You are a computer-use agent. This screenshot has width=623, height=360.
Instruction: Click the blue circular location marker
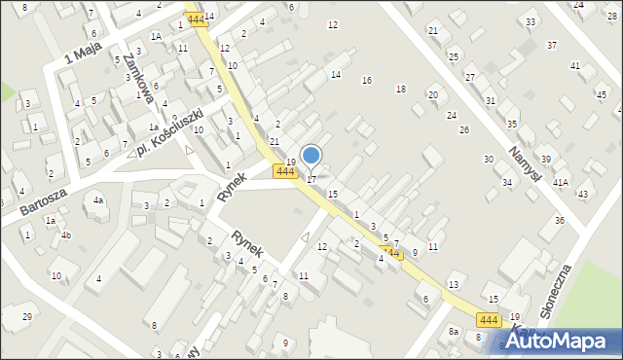coord(311,156)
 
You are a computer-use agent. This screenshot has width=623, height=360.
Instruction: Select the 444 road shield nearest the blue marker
coord(284,172)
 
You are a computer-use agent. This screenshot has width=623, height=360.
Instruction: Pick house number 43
coord(582,195)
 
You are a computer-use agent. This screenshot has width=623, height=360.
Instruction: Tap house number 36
coord(560,221)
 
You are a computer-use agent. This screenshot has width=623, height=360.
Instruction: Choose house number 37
coord(552,46)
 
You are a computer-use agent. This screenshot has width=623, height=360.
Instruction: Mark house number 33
coord(531,21)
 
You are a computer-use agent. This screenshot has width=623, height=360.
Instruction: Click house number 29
coord(27,318)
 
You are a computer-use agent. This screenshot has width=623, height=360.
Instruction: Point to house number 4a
coord(98,200)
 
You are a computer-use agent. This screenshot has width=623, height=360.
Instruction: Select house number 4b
coord(66,235)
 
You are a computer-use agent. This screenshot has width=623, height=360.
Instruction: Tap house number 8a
coord(454,332)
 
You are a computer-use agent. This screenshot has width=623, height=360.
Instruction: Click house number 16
coord(367,81)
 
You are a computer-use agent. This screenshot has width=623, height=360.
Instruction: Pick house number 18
coord(400,90)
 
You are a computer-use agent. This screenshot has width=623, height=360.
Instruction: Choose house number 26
coord(464,129)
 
